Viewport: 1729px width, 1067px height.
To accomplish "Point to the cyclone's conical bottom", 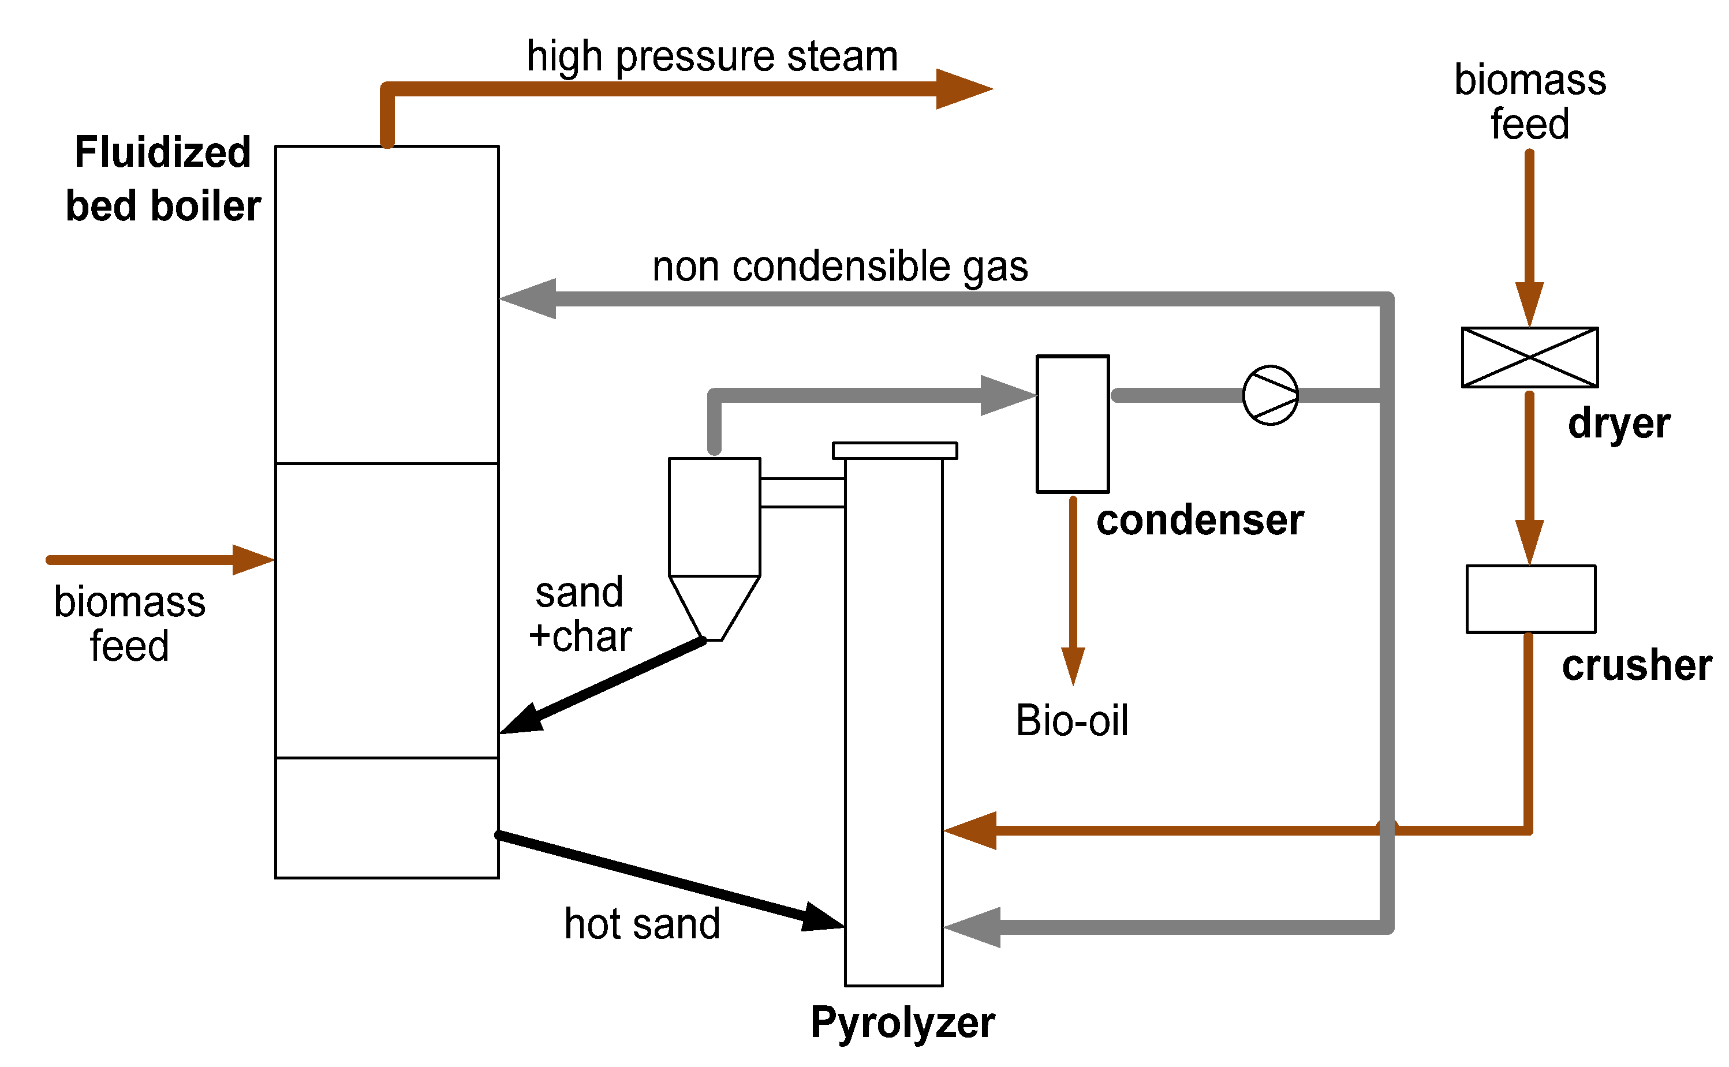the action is [714, 608].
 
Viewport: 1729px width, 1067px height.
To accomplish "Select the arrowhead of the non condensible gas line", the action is [528, 298].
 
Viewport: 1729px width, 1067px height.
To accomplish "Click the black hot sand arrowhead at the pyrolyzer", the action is [824, 918].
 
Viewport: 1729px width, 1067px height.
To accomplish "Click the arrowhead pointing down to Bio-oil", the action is [1073, 666].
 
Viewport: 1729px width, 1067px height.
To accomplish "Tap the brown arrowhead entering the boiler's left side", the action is [253, 560].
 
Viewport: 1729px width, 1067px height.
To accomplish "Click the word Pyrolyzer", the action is [902, 1023].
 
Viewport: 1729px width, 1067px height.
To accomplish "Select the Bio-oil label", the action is [1071, 721].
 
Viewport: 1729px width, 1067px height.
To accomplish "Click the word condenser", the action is [1200, 521].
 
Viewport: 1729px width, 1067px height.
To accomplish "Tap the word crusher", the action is [1637, 665].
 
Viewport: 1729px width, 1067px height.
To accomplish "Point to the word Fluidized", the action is [163, 152].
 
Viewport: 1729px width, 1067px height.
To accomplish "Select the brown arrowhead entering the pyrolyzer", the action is [970, 830].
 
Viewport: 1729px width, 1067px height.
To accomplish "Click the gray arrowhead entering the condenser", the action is [1008, 395].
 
